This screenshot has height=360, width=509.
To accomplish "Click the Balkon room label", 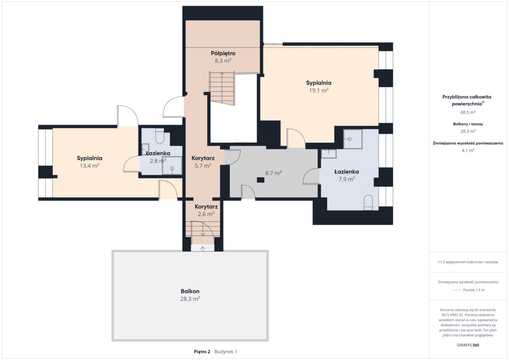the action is pyautogui.click(x=190, y=291).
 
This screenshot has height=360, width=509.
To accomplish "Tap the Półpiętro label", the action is pyautogui.click(x=223, y=53).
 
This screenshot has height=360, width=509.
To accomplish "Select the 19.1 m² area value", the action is pyautogui.click(x=319, y=90).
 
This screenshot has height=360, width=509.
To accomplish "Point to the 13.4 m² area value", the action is pyautogui.click(x=89, y=166).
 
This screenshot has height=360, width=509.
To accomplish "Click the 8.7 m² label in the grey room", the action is pyautogui.click(x=273, y=173).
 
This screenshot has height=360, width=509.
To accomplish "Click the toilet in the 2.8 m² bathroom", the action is pyautogui.click(x=160, y=136).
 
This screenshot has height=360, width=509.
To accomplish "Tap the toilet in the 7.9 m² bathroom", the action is pyautogui.click(x=368, y=202).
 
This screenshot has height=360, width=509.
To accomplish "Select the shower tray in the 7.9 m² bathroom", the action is pyautogui.click(x=353, y=139).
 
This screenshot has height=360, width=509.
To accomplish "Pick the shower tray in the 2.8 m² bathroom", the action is pyautogui.click(x=172, y=166).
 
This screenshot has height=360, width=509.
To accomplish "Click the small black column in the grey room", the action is pyautogui.click(x=260, y=180).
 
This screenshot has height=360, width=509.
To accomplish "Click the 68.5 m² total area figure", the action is pyautogui.click(x=468, y=112).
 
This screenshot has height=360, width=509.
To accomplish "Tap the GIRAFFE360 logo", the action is pyautogui.click(x=468, y=345).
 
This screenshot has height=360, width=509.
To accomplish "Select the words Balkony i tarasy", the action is pyautogui.click(x=468, y=124).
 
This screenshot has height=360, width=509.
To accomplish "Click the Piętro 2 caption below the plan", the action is pyautogui.click(x=202, y=352).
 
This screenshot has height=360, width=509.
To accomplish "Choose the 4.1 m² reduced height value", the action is pyautogui.click(x=468, y=150).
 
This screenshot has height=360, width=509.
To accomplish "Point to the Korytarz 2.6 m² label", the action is pyautogui.click(x=206, y=210).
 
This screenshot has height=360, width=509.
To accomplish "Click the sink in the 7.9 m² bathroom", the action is pyautogui.click(x=329, y=154).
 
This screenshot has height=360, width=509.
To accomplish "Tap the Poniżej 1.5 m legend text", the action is pyautogui.click(x=474, y=290).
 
